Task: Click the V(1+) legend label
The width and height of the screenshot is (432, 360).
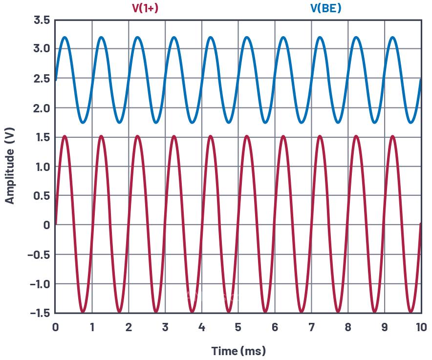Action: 145,8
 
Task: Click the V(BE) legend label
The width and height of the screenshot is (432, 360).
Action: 325,8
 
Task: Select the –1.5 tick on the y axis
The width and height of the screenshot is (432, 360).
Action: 39,313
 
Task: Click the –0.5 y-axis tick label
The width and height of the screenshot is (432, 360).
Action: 39,254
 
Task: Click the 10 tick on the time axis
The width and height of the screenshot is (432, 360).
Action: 420,327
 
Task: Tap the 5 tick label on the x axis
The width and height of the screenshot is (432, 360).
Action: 238,327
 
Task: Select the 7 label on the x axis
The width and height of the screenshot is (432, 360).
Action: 311,327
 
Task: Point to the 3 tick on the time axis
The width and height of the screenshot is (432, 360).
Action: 165,327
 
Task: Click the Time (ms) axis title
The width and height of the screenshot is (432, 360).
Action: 238,351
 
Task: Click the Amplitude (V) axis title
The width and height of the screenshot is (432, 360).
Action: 10,167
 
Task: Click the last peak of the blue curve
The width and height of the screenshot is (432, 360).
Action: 393,37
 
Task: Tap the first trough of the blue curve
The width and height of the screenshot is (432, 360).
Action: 83,122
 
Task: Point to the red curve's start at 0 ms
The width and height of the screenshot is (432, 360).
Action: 56,224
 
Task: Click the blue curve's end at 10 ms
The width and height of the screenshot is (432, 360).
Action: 420,79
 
